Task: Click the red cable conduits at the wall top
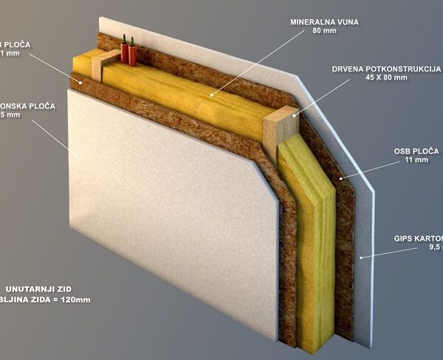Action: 128,50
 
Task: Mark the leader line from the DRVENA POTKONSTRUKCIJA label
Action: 325,94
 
